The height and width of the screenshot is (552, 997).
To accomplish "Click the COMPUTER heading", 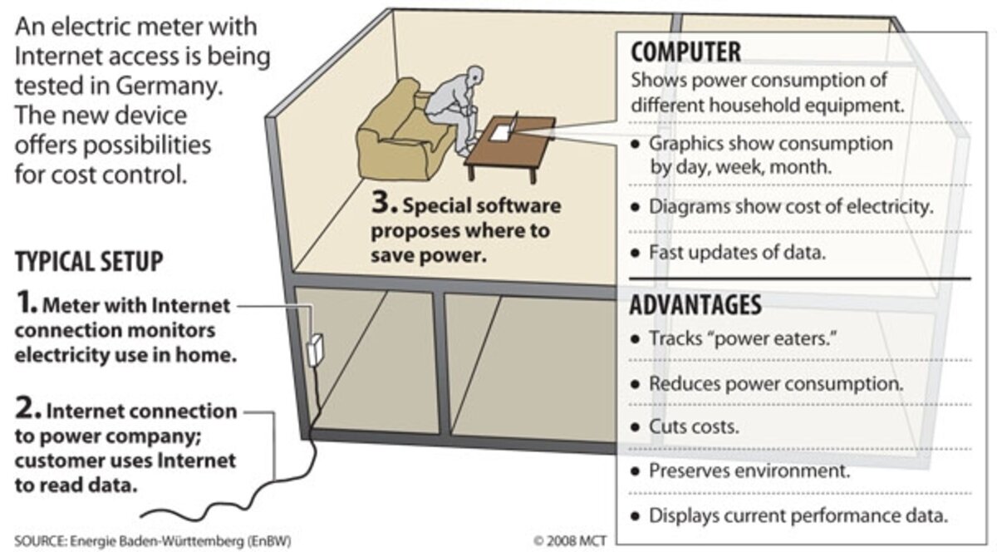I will tap(685, 52).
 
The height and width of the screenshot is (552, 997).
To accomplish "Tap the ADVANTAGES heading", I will tap(695, 305).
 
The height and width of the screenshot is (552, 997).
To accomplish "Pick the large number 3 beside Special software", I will tap(384, 203).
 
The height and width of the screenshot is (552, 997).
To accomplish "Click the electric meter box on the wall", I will tap(315, 350).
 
